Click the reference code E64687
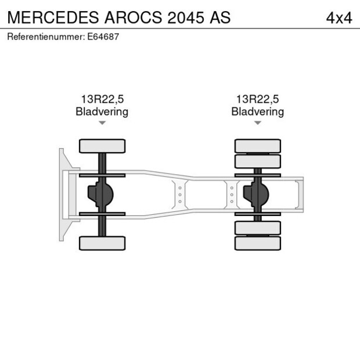coord(105,37)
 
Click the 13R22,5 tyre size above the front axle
coord(102,100)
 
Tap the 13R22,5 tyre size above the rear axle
coord(257,100)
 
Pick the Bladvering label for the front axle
coord(102,111)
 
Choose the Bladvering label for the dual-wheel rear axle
coord(257,111)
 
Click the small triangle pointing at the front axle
coord(102,123)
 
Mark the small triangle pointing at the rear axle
coord(258,123)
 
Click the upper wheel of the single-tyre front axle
coord(102,146)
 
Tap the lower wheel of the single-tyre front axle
coord(102,243)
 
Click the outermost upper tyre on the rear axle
coord(258,145)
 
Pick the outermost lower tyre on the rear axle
coord(258,243)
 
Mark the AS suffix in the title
coord(221,18)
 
